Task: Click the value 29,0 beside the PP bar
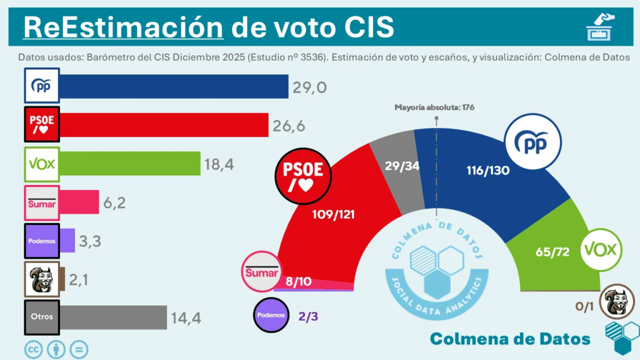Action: click(309, 88)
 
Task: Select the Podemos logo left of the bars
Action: click(42, 241)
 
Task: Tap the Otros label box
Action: click(42, 316)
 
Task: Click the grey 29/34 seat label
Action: click(402, 166)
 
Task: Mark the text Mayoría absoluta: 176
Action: click(434, 107)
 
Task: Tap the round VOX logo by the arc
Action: click(601, 251)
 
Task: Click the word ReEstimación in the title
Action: click(122, 27)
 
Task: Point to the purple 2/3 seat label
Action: click(309, 316)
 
